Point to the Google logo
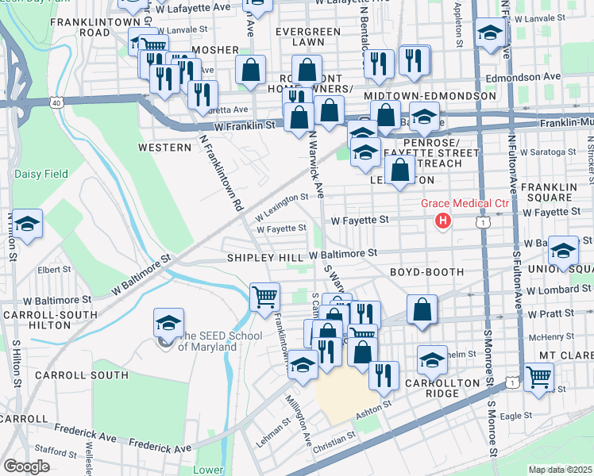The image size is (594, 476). point(26,466)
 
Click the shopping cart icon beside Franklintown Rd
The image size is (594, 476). point(265,297)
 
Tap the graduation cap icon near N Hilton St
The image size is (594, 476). point(27,225)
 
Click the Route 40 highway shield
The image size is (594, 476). point(55,102)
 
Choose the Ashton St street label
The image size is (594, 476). point(375,406)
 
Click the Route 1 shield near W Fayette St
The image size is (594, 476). point(483,224)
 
